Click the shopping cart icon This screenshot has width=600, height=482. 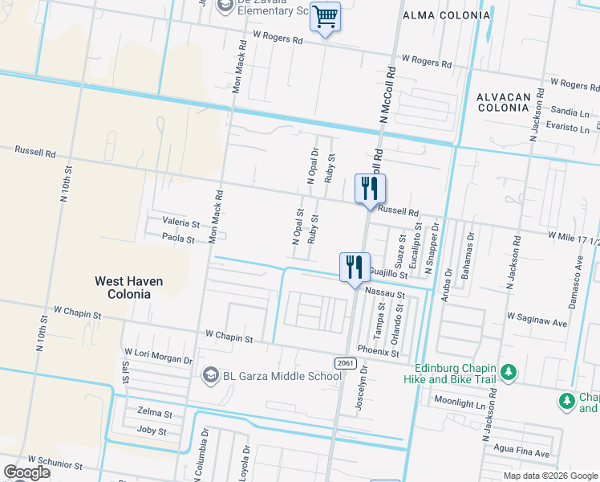[325, 17]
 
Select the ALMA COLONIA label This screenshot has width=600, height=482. [435, 15]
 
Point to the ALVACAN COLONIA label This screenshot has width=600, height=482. [504, 102]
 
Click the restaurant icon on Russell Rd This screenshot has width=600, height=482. [370, 189]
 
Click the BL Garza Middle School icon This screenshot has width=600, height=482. [210, 375]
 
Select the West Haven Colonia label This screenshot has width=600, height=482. [128, 288]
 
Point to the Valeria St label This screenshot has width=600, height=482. [180, 223]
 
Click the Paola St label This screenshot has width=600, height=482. [178, 239]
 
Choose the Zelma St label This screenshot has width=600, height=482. [156, 413]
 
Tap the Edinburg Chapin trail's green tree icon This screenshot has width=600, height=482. [508, 372]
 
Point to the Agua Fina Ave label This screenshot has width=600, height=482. [521, 453]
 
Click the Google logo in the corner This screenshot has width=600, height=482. [26, 472]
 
